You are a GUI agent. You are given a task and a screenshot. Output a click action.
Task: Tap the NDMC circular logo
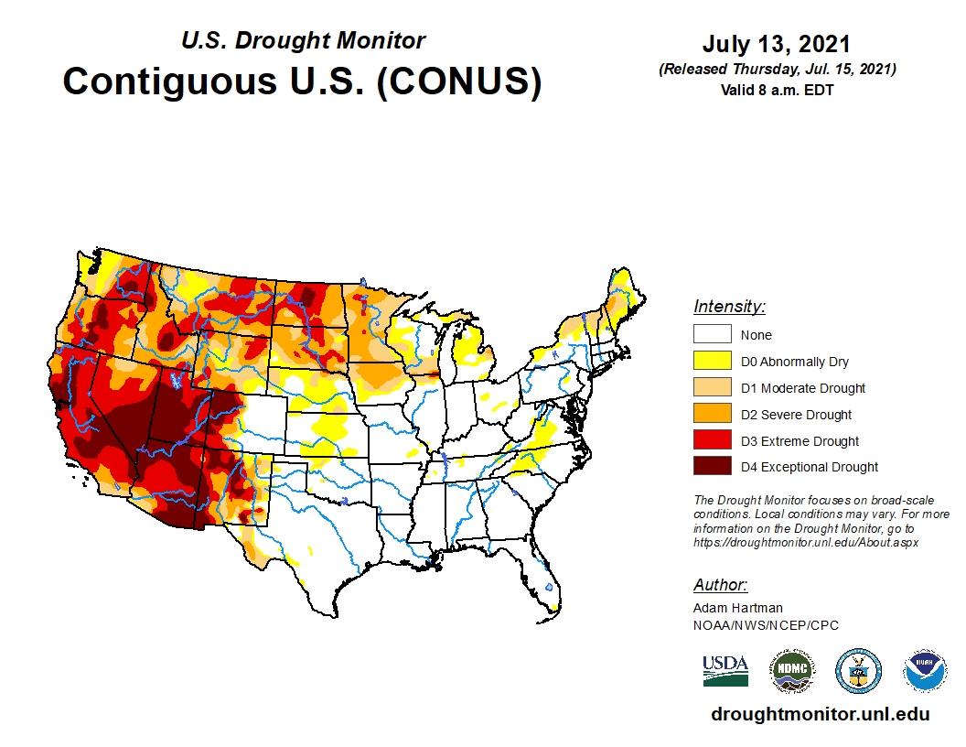pyautogui.click(x=791, y=671)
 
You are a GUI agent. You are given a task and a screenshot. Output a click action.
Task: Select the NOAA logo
pyautogui.click(x=925, y=671)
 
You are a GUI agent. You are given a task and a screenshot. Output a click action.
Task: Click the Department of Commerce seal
pyautogui.click(x=858, y=671)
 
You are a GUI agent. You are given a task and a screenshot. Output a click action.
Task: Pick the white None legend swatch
pyautogui.click(x=712, y=335)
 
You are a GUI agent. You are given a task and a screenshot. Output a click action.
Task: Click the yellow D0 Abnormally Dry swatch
pyautogui.click(x=712, y=362)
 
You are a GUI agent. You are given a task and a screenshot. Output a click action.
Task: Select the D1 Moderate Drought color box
pyautogui.click(x=712, y=387)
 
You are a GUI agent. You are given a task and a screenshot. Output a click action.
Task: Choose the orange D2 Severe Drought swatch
pyautogui.click(x=712, y=414)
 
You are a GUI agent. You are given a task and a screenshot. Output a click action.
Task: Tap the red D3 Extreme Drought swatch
pyautogui.click(x=712, y=440)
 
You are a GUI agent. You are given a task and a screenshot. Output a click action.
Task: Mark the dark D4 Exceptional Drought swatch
pyautogui.click(x=712, y=466)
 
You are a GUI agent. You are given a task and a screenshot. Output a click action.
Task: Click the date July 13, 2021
pyautogui.click(x=777, y=45)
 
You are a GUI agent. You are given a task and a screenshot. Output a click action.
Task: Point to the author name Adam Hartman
pyautogui.click(x=738, y=608)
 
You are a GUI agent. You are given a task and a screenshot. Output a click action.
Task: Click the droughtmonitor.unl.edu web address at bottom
pyautogui.click(x=820, y=714)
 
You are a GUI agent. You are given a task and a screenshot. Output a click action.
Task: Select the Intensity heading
pyautogui.click(x=729, y=307)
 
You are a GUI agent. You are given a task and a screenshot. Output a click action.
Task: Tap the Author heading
pyautogui.click(x=720, y=585)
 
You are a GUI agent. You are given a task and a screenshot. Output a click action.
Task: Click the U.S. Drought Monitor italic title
pyautogui.click(x=303, y=41)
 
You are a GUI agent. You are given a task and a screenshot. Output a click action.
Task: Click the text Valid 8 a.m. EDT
pyautogui.click(x=777, y=89)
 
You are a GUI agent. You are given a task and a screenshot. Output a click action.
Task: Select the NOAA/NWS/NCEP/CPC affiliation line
pyautogui.click(x=766, y=625)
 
